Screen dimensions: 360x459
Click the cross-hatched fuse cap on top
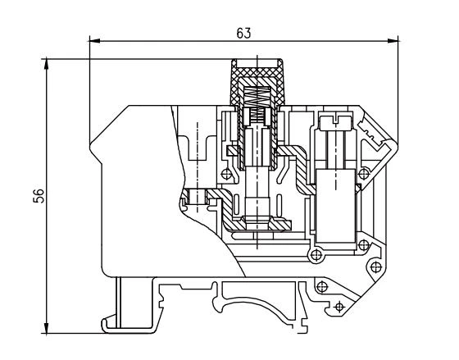click(257, 78)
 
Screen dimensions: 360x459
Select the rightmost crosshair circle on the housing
click(375, 267)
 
